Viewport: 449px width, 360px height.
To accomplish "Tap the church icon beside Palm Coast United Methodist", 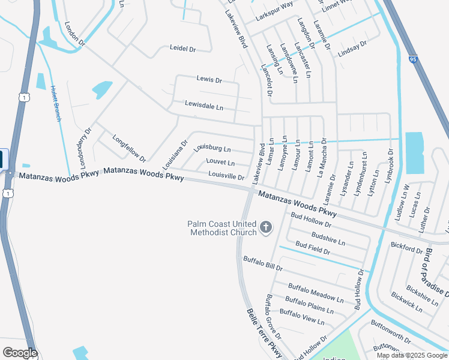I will pos(266,227).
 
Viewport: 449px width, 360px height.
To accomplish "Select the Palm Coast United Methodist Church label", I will pos(222,228).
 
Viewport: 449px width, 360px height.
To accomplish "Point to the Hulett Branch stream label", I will pos(56,103).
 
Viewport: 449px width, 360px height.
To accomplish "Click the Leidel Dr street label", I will pos(183,49).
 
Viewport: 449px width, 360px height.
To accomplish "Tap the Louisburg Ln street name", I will pos(212,148).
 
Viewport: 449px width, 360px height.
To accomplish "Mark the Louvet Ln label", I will pos(220,162).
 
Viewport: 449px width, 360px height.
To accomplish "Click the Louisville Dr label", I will pos(226,176).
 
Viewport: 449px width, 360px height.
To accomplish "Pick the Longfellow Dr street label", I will pos(129,148).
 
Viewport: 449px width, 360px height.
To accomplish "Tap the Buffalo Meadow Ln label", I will pos(316,292).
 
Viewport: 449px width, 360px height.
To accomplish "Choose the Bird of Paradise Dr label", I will pos(438,272).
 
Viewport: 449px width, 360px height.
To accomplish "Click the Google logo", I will pos(20,353).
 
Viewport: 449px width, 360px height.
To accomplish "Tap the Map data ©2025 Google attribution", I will pos(411,355).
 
